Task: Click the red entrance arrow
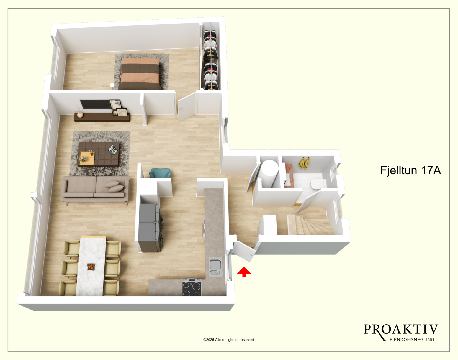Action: click(x=244, y=271)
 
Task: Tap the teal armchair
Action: click(x=160, y=173)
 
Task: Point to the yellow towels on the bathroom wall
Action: click(x=304, y=163)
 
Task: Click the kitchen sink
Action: click(x=215, y=267)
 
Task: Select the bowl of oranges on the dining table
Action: click(x=91, y=267)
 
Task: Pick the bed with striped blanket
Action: click(x=140, y=74)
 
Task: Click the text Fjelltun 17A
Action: click(x=411, y=170)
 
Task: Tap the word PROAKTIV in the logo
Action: click(x=401, y=330)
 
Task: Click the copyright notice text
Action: click(x=228, y=340)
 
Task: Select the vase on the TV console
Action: click(x=80, y=114)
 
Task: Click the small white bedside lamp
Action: click(x=112, y=85)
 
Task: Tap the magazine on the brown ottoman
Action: click(x=113, y=150)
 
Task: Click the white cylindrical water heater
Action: click(x=269, y=173)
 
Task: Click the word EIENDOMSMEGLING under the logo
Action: click(x=412, y=339)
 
